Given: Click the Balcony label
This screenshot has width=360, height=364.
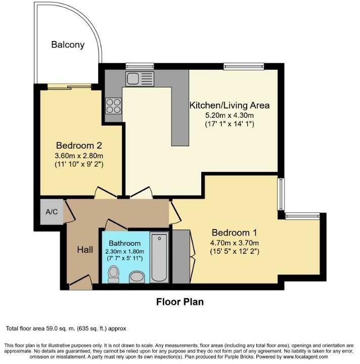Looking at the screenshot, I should coord(68,44).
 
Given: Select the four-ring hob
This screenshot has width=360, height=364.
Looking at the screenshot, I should coord(113,105).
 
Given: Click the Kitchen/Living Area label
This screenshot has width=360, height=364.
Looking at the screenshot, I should coord(229,106).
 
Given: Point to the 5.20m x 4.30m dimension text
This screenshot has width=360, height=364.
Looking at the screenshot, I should coord(229,115).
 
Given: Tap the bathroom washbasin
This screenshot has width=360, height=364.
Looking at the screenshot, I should coord(137,276).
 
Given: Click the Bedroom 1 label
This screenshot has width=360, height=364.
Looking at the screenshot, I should coord(235,233).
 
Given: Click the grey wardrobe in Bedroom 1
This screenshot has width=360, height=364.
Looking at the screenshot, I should coord(179,257).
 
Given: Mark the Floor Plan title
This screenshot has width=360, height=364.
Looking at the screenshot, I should coord(180,302).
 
